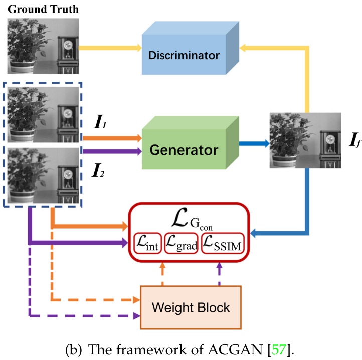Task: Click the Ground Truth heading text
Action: pos(43,10)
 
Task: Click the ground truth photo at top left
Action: pos(43,46)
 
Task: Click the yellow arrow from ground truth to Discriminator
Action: pos(110,48)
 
